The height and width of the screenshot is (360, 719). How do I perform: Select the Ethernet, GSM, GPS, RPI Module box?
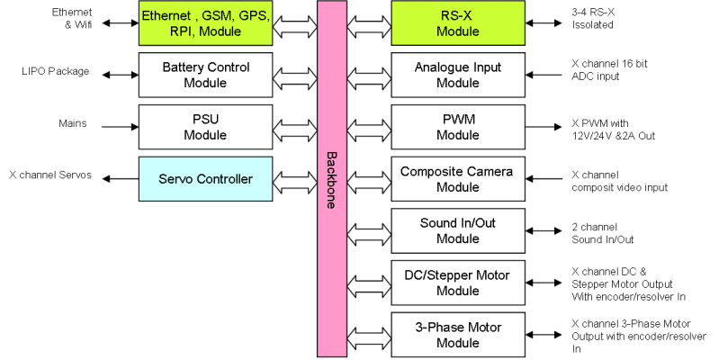[x=206, y=23]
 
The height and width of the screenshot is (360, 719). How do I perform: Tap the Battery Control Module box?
[x=206, y=75]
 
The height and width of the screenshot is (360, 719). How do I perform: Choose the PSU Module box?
[x=206, y=127]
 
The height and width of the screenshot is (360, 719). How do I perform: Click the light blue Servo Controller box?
[x=206, y=179]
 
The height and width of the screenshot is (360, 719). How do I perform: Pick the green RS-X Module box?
[x=457, y=23]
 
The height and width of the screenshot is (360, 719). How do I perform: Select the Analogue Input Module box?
[x=457, y=75]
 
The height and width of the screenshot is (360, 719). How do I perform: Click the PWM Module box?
[x=457, y=127]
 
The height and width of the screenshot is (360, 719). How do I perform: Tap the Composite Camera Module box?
[x=457, y=179]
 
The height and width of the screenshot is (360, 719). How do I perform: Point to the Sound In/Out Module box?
[x=457, y=231]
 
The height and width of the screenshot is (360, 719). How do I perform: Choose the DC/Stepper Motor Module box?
[x=457, y=283]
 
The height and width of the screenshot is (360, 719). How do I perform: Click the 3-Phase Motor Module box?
[x=457, y=334]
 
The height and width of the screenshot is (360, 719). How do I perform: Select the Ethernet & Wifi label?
[x=72, y=19]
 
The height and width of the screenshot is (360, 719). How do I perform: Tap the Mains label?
[x=72, y=123]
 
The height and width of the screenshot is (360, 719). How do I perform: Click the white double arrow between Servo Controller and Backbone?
[x=295, y=180]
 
